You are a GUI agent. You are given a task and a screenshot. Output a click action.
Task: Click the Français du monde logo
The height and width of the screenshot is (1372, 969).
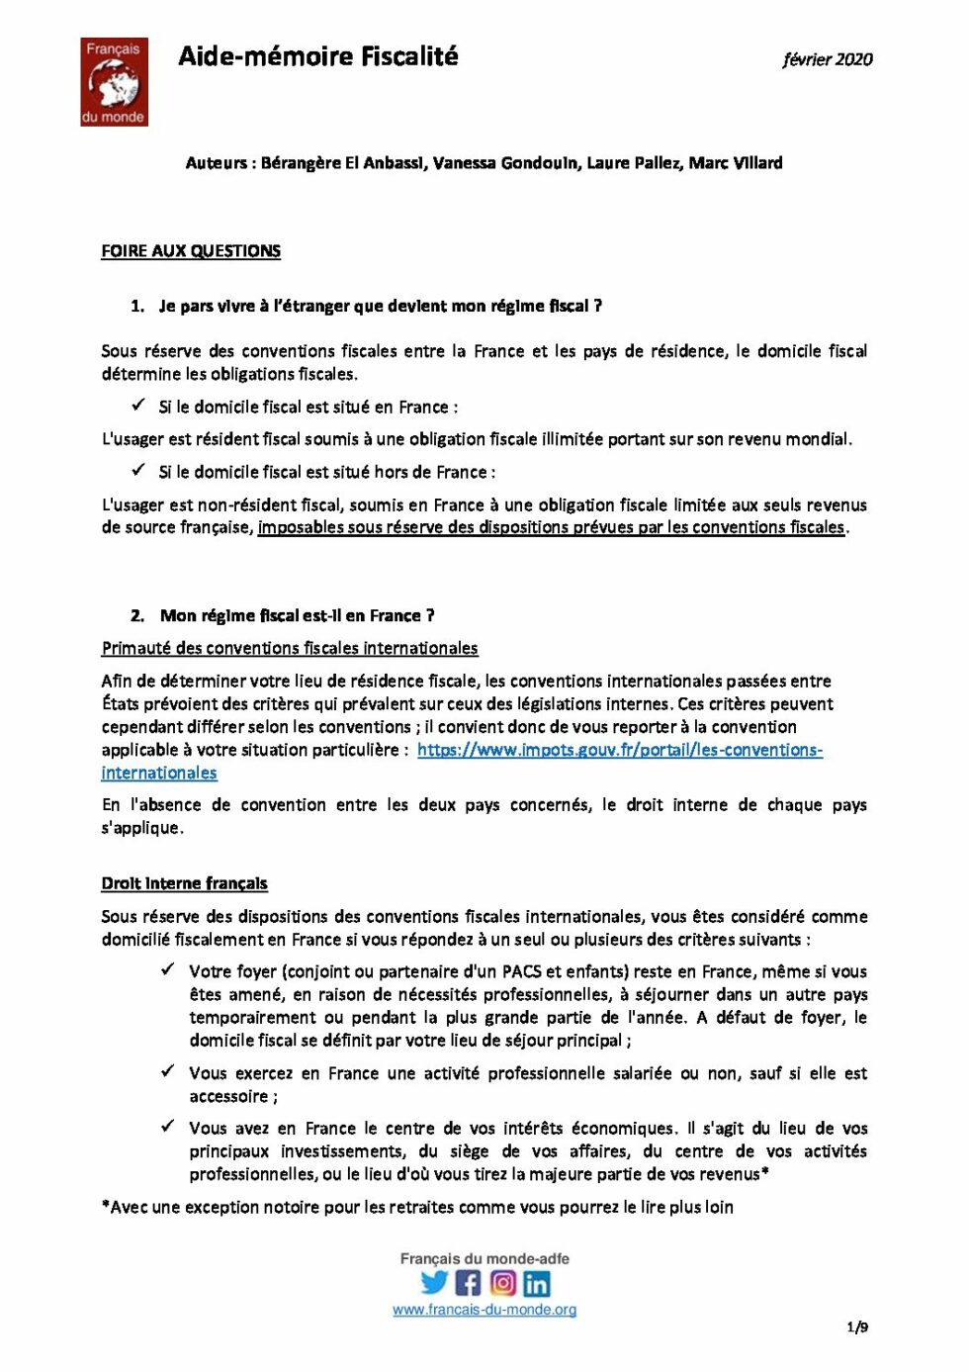[114, 82]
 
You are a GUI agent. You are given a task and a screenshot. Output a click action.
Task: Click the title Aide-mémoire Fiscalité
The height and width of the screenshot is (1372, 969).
[317, 56]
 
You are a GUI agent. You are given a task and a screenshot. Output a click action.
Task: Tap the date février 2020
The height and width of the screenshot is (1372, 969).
[827, 59]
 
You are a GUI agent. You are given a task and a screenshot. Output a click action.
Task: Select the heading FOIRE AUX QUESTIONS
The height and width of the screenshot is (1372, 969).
[191, 251]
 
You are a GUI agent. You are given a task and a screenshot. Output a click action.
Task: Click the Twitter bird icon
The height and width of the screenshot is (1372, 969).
[434, 1283]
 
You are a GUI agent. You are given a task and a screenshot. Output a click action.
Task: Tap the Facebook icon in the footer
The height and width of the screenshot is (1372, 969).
[468, 1283]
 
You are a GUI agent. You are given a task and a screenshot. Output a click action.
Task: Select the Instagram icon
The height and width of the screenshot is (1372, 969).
[502, 1283]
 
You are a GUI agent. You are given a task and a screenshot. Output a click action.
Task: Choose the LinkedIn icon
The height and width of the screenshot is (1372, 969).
[537, 1283]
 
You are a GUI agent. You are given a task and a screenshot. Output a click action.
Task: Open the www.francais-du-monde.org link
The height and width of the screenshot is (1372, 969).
[484, 1310]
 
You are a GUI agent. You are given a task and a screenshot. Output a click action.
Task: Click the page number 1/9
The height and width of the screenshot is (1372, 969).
[857, 1327]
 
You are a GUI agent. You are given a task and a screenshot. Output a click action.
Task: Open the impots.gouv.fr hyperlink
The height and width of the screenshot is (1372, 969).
[619, 750]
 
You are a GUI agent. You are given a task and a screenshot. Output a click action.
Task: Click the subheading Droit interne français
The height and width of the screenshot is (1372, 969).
[184, 883]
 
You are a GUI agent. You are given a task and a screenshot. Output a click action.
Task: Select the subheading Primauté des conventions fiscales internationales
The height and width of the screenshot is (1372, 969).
[289, 648]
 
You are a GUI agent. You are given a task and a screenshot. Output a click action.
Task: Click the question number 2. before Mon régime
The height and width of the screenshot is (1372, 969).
[137, 615]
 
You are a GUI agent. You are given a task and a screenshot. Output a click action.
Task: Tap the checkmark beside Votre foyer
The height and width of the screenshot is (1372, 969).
[168, 969]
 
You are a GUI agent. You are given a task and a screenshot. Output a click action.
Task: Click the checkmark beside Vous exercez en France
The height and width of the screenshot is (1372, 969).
[168, 1071]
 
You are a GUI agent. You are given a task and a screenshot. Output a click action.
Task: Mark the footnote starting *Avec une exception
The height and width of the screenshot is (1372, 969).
[416, 1207]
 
